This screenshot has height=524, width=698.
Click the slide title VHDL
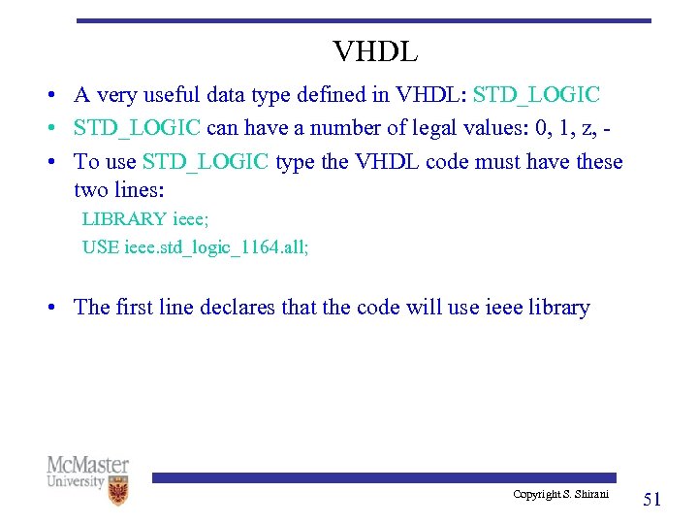375,50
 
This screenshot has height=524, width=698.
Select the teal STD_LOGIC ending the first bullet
536,95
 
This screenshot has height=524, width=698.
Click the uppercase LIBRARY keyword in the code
124,219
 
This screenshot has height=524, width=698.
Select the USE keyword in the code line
101,246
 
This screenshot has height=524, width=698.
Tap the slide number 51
652,500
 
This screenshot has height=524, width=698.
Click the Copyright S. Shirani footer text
560,495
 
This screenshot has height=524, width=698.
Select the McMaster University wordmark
87,472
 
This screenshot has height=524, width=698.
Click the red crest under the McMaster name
118,492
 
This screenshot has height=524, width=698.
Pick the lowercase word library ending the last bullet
555,308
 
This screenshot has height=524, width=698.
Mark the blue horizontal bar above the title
364,20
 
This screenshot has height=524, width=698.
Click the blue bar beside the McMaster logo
383,477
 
